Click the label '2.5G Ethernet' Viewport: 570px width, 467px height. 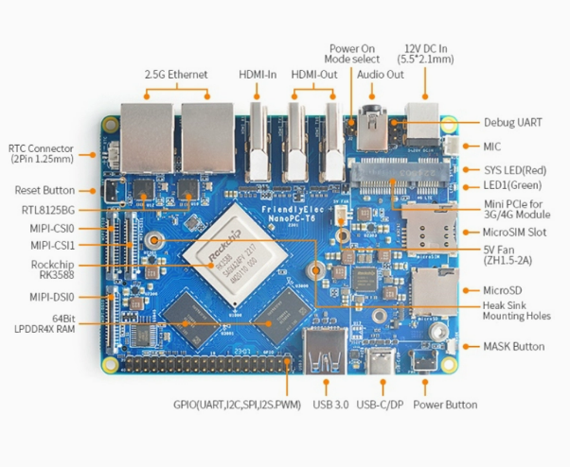click(x=176, y=74)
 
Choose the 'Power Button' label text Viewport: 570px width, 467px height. click(x=446, y=405)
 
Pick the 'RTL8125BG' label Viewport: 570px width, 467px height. click(x=47, y=209)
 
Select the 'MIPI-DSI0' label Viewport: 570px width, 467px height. click(x=51, y=297)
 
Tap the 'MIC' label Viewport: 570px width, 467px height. click(x=491, y=147)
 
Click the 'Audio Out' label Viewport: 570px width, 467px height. click(x=381, y=74)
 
